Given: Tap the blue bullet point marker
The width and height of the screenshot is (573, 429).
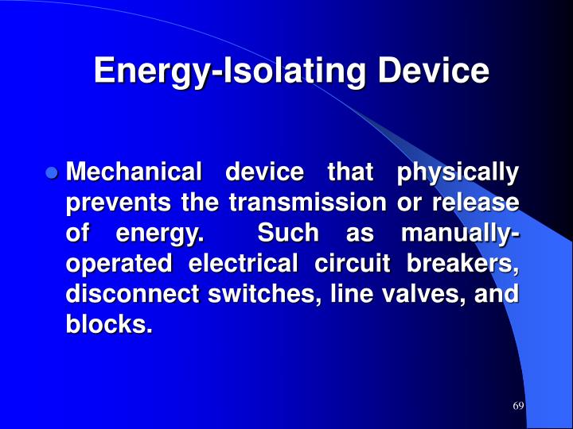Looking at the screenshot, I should point(53,172).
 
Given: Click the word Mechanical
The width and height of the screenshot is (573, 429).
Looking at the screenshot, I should point(133,172).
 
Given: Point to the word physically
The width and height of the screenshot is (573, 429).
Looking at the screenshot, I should point(458,172).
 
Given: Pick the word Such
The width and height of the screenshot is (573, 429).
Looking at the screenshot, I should point(288,234).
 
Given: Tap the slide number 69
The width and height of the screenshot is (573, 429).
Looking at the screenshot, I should point(518,406).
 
